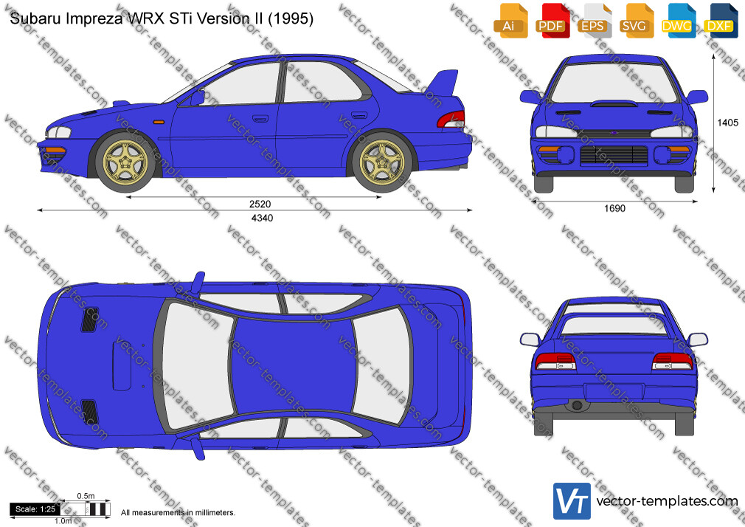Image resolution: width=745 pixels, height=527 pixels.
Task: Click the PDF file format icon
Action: click(552, 21)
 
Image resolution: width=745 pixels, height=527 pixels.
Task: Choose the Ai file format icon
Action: click(510, 21)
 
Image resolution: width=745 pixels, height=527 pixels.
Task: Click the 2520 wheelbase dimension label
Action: click(260, 204)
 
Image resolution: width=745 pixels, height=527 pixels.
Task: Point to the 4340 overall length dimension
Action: click(262, 218)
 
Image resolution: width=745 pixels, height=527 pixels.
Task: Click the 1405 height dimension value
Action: click(727, 123)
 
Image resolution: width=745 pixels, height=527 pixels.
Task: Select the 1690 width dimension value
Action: click(615, 208)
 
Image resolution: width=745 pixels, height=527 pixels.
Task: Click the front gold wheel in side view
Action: click(125, 162)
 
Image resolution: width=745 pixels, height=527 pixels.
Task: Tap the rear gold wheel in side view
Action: click(382, 162)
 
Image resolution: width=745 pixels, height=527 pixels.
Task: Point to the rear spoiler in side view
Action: click(443, 84)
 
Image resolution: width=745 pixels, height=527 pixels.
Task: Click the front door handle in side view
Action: click(260, 118)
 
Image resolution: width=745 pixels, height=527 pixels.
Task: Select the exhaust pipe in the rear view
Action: click(577, 405)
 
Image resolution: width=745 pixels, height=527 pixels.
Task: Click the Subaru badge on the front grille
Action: click(614, 133)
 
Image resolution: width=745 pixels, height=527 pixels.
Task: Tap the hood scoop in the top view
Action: click(122, 366)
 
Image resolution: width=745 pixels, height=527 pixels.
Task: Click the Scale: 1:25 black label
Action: click(35, 509)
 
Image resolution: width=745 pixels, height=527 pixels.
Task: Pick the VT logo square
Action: click(572, 501)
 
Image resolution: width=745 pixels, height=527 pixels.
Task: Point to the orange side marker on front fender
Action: click(158, 123)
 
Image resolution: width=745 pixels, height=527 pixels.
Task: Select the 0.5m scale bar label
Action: click(86, 496)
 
